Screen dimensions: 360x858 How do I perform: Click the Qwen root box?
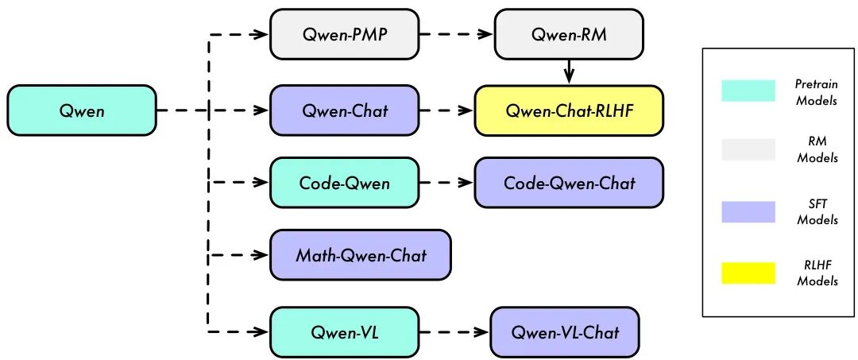[82, 110]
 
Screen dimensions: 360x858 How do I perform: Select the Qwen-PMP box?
[344, 34]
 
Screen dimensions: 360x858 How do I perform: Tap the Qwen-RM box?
[568, 34]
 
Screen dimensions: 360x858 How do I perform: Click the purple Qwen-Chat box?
[344, 110]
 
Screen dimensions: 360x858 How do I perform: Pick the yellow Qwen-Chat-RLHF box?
[568, 110]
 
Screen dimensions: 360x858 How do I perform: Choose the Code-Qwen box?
[344, 183]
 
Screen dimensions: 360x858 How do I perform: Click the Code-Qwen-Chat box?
[568, 183]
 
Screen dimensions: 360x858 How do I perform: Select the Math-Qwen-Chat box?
[360, 255]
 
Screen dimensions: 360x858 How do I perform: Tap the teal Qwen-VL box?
[344, 331]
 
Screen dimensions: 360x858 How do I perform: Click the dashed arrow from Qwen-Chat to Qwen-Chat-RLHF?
[446, 110]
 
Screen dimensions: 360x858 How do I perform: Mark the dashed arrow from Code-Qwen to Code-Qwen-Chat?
[446, 183]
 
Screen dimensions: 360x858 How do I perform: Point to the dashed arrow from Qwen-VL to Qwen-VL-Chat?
[454, 331]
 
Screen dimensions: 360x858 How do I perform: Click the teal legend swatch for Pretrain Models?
[748, 90]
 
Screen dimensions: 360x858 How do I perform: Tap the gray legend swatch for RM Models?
[748, 149]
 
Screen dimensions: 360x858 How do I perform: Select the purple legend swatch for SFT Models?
[748, 211]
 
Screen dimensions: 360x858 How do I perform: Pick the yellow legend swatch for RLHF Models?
[748, 273]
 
